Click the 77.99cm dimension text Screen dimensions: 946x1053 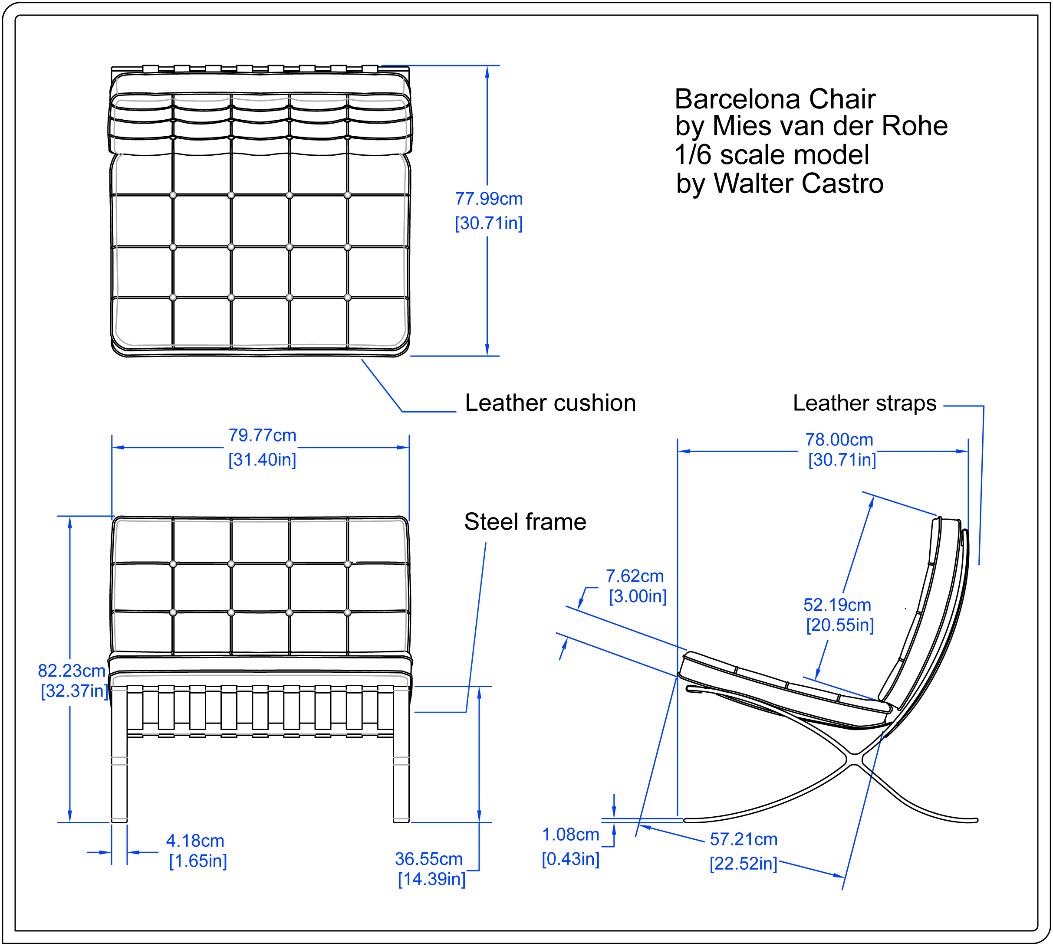(488, 199)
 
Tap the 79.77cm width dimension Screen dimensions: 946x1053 (262, 435)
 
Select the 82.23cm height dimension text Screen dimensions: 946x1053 (72, 671)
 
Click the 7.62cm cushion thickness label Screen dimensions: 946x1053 (635, 576)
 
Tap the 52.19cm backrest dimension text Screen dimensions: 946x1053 (837, 605)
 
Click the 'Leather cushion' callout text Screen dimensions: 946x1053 (550, 403)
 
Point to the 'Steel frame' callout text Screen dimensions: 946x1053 (525, 522)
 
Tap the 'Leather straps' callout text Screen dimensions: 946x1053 (864, 403)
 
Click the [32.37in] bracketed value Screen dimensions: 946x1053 (74, 691)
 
